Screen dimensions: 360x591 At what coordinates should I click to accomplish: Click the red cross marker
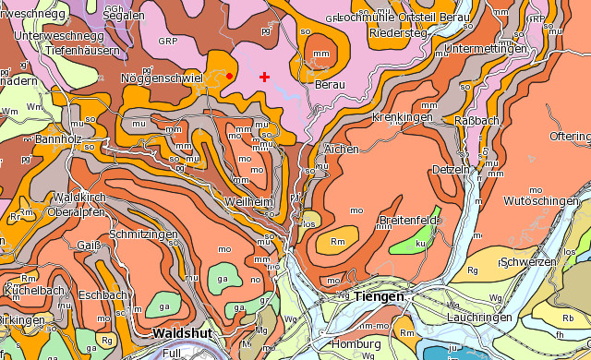coord(264,77)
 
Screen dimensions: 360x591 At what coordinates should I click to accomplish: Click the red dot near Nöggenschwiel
coord(229,76)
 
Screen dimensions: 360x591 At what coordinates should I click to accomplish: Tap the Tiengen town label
coord(379,296)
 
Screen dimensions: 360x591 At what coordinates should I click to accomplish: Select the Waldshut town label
coord(183,332)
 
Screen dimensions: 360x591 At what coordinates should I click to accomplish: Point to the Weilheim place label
coord(248,201)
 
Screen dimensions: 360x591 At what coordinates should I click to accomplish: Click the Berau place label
coord(330,84)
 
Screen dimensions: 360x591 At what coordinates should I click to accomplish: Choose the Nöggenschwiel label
coord(162,78)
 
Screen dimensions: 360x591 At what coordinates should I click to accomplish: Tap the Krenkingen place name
coord(402,118)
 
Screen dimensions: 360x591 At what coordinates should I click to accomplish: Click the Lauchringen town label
coord(478,317)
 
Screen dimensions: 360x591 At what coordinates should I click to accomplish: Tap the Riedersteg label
coord(398,33)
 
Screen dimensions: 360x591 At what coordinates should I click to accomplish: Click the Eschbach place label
coord(102,295)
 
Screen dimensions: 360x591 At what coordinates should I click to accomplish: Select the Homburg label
coord(356,344)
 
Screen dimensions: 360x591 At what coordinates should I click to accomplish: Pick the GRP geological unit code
coord(167,41)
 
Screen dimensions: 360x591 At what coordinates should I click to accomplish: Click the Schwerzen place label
coord(527,262)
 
